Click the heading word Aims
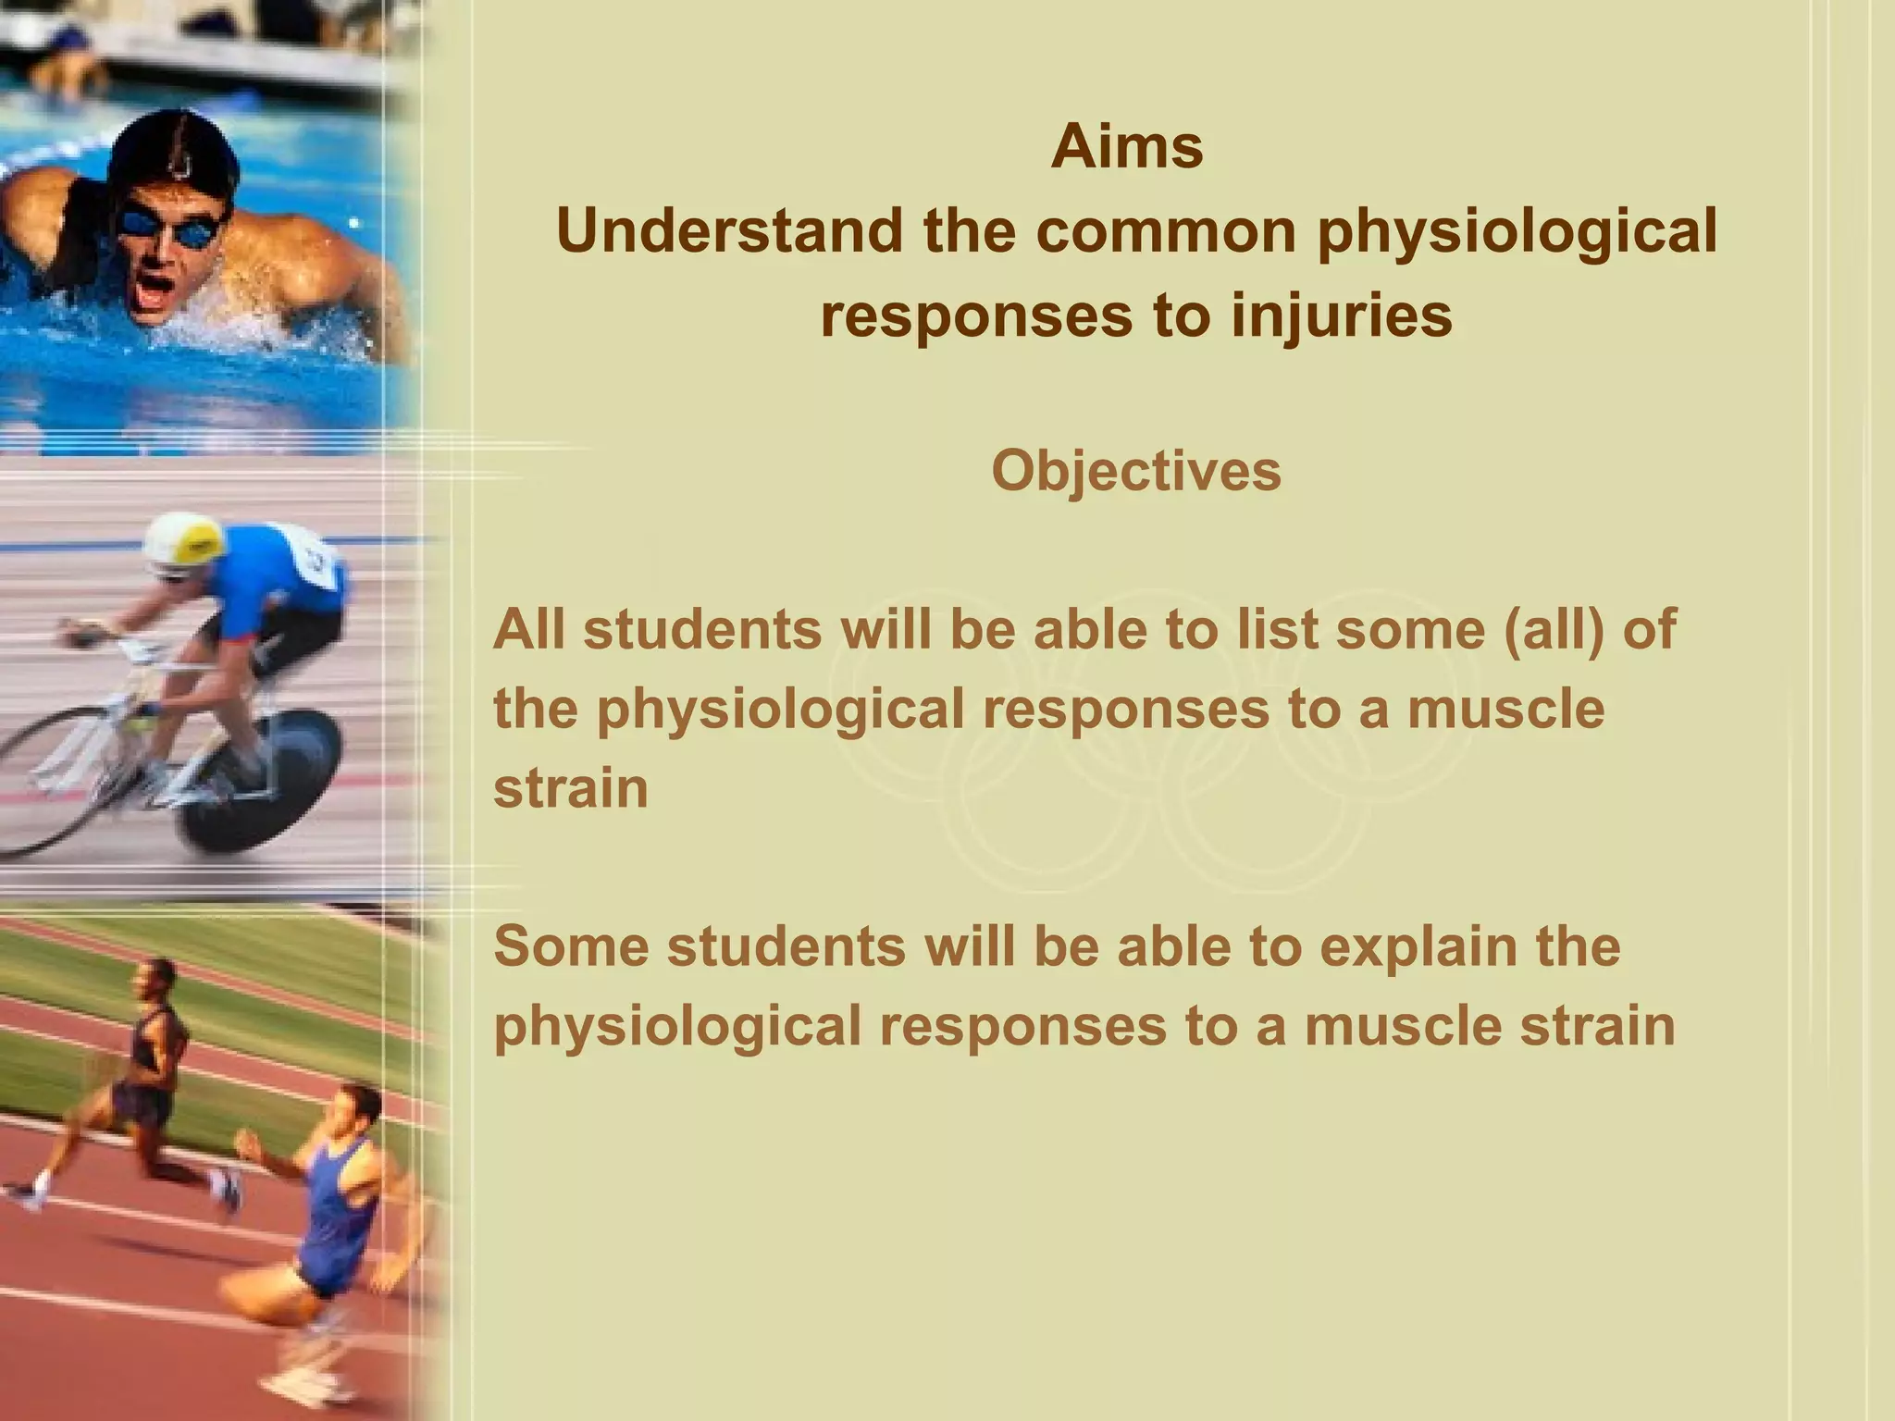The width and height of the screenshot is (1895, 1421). pos(1126,147)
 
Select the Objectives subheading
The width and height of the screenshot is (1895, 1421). pos(1135,471)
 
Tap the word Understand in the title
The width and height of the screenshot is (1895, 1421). pos(729,230)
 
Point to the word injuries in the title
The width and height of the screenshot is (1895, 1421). pos(1341,315)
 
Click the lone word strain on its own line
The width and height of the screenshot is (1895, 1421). pos(570,789)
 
